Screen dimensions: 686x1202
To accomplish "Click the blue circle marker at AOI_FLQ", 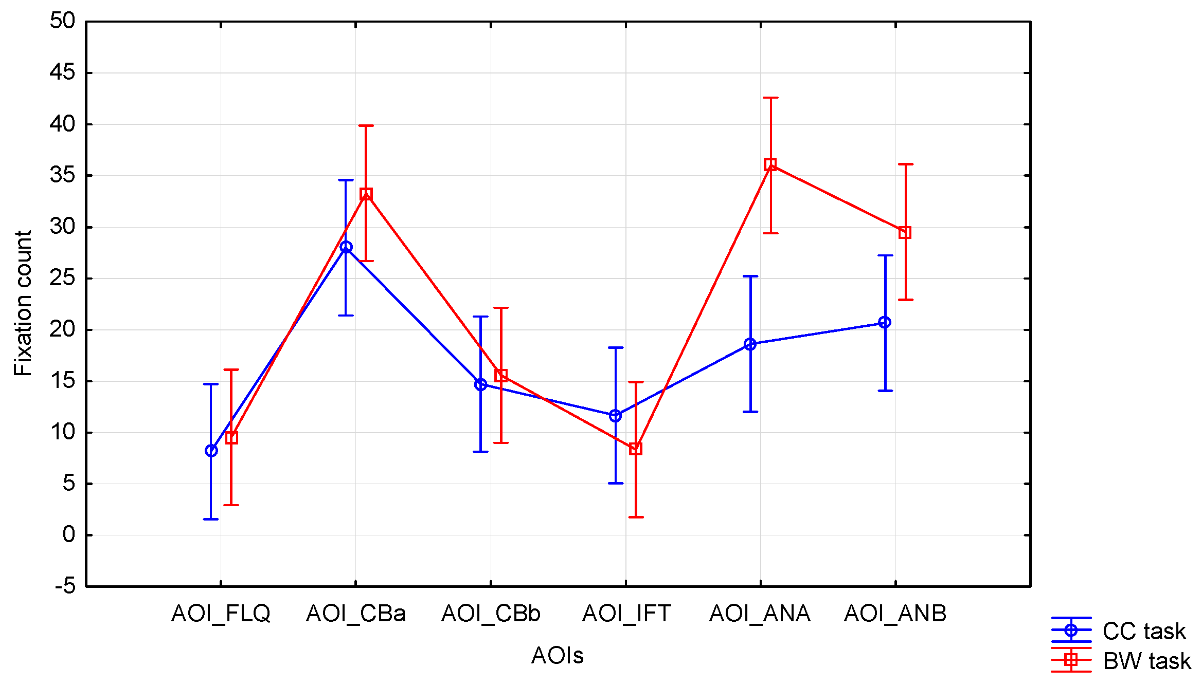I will coord(211,451).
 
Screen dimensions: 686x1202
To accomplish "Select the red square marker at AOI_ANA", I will coord(770,164).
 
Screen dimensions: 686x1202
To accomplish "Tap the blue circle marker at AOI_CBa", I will coord(346,247).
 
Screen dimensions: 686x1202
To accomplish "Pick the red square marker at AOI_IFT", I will coord(636,449).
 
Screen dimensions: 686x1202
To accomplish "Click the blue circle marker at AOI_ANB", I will coord(885,322).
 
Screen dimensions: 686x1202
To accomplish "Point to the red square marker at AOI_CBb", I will coord(501,375).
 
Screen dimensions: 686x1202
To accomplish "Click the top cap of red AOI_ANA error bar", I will coord(770,98).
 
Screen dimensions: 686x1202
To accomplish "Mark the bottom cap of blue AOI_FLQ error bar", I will coord(211,519).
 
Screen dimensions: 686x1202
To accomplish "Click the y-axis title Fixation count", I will coord(23,303).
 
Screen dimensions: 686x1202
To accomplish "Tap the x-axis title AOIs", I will coord(558,656).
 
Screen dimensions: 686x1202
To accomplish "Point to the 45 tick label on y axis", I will coord(62,72).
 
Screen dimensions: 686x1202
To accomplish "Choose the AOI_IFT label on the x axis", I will coord(626,614).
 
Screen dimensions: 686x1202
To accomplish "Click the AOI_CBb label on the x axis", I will coord(491,614).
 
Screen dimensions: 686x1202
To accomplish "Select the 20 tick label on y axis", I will coord(62,329).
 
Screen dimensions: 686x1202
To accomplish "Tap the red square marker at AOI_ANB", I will coord(905,232).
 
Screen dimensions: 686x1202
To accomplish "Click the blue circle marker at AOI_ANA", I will coord(750,344).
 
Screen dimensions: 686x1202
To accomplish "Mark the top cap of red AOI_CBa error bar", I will coord(366,125).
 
